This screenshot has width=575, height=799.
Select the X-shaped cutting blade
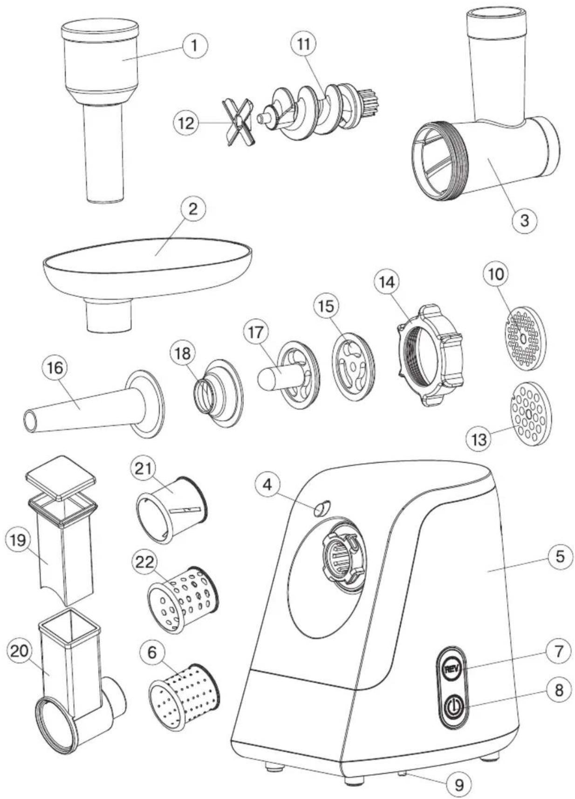point(239,122)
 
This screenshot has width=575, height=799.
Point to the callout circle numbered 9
point(459,784)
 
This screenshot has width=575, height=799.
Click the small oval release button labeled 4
point(321,508)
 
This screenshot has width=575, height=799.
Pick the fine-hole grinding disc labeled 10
point(525,338)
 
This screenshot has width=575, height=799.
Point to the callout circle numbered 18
point(182,354)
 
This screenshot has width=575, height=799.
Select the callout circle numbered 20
point(20,651)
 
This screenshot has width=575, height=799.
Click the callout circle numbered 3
point(524,220)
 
